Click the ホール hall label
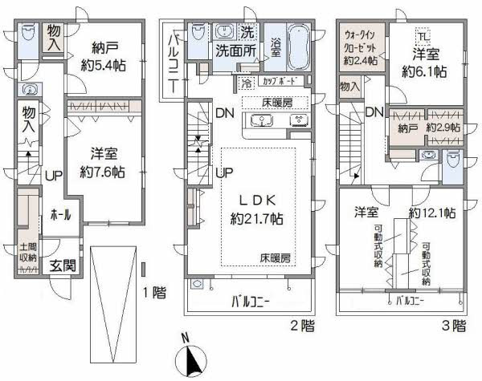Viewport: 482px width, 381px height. pos(60,214)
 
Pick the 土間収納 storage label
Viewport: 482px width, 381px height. pos(27,253)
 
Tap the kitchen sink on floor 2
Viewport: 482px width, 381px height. pos(262,120)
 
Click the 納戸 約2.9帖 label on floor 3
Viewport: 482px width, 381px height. pos(422,127)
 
